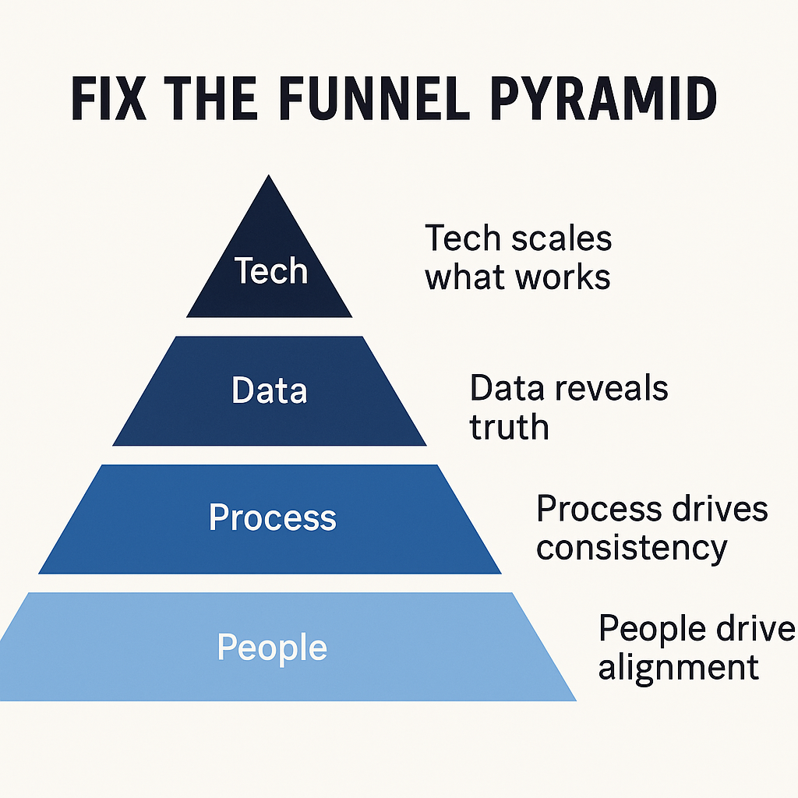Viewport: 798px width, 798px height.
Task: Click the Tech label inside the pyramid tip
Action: click(271, 271)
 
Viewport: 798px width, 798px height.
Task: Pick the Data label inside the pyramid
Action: click(270, 390)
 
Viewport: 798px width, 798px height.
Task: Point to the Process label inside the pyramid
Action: click(273, 517)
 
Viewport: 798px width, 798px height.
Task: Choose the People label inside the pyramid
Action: click(272, 648)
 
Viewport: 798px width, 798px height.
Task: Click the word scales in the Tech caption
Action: click(561, 239)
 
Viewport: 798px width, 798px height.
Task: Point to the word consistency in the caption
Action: click(631, 548)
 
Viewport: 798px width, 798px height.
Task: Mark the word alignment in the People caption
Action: click(678, 668)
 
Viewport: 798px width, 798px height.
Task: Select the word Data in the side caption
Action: click(503, 388)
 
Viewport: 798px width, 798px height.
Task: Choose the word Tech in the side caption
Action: click(461, 239)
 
